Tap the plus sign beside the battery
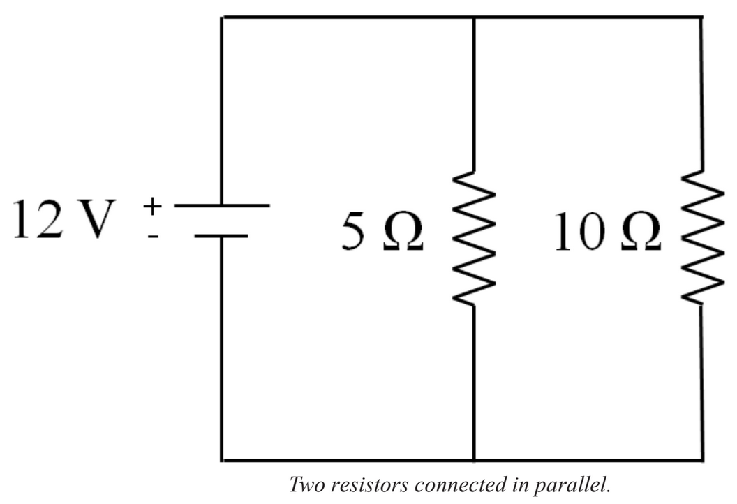click(152, 206)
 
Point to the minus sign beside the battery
click(153, 236)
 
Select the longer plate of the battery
click(222, 206)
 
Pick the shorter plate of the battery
click(221, 236)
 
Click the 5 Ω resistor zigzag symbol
click(475, 237)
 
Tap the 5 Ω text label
click(381, 235)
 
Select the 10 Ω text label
click(606, 233)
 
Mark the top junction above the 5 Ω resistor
click(475, 17)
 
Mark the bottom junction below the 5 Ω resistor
click(475, 460)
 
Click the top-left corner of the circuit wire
click(222, 17)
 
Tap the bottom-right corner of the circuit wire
click(701, 460)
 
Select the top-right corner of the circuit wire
click(701, 17)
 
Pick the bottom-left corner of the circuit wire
click(222, 460)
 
